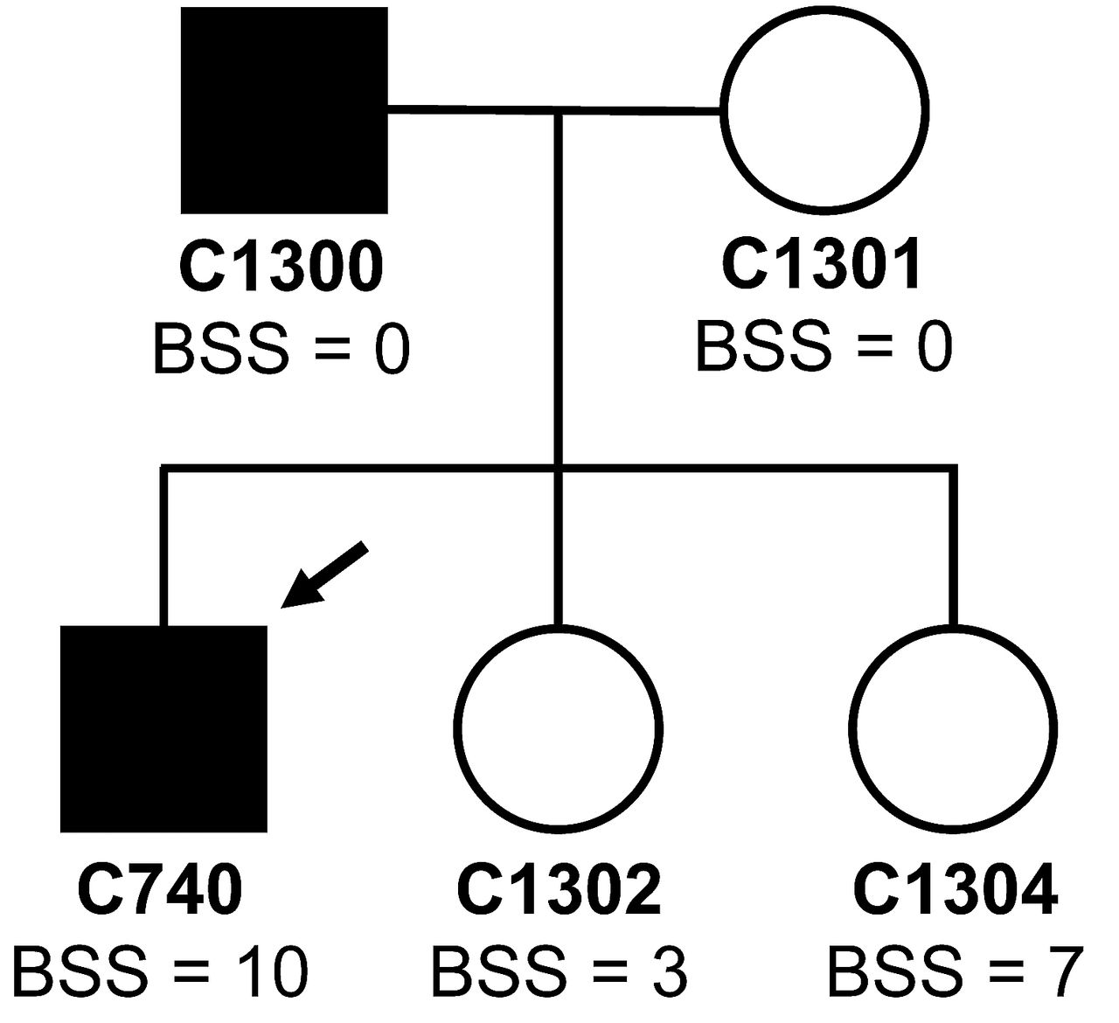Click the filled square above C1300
[x=283, y=110]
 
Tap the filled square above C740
[x=163, y=728]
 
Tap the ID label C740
[x=160, y=890]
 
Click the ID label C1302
[x=559, y=890]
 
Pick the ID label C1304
[x=955, y=890]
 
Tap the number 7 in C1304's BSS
[x=1066, y=972]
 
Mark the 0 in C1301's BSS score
[x=932, y=347]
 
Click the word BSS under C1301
[x=762, y=347]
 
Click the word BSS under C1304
[x=894, y=972]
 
